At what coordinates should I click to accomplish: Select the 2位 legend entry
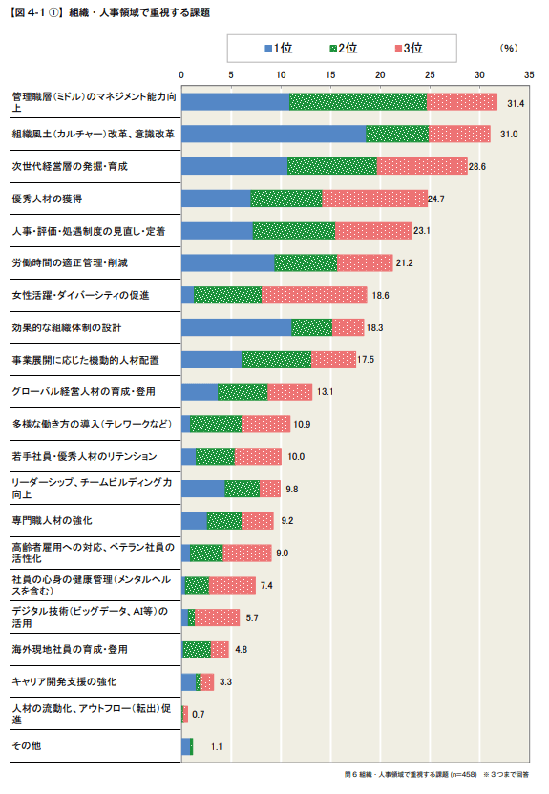pyautogui.click(x=341, y=48)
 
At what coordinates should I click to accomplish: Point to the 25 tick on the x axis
pyautogui.click(x=430, y=74)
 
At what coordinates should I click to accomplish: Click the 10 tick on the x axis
pyautogui.click(x=281, y=74)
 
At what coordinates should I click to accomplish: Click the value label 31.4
pyautogui.click(x=517, y=102)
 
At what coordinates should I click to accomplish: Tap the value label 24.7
pyautogui.click(x=438, y=198)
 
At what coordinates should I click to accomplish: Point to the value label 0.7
pyautogui.click(x=199, y=714)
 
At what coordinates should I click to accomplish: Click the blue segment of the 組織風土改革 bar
pyautogui.click(x=273, y=134)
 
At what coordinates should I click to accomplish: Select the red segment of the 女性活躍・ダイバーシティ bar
pyautogui.click(x=314, y=295)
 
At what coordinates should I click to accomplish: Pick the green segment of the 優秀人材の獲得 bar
pyautogui.click(x=286, y=198)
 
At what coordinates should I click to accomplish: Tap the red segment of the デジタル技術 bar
pyautogui.click(x=217, y=617)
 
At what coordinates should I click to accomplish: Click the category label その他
pyautogui.click(x=26, y=745)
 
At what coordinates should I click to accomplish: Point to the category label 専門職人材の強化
pyautogui.click(x=52, y=520)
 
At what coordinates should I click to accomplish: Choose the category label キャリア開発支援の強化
pyautogui.click(x=63, y=681)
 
